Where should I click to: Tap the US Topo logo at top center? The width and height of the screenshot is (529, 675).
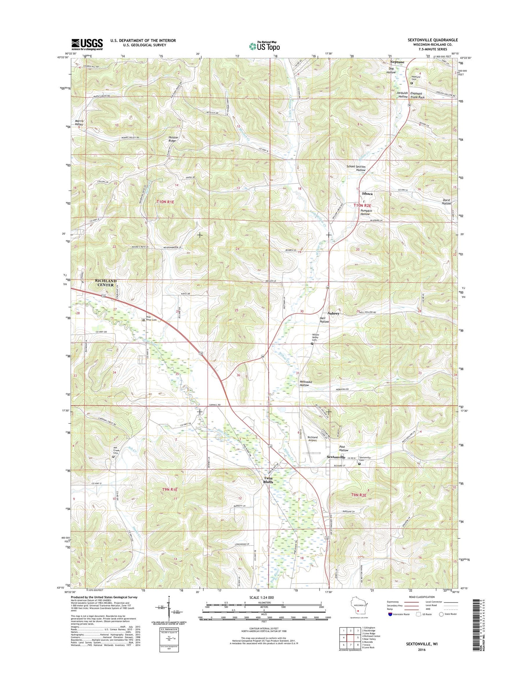click(264, 46)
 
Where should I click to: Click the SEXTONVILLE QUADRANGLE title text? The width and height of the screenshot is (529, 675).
click(432, 40)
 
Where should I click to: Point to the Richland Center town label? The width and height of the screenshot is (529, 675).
click(106, 283)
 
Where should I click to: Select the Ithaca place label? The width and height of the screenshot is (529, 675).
click(367, 193)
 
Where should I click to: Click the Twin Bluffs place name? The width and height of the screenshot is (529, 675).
click(268, 480)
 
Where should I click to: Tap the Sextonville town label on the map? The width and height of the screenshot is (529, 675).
click(336, 457)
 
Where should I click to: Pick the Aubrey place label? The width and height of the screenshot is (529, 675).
click(334, 313)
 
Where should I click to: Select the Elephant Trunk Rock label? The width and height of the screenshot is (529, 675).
click(417, 95)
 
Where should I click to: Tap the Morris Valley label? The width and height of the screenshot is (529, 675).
click(79, 122)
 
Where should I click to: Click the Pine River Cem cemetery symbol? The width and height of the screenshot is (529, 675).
click(144, 320)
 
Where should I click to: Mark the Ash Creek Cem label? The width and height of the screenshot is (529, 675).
click(115, 450)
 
